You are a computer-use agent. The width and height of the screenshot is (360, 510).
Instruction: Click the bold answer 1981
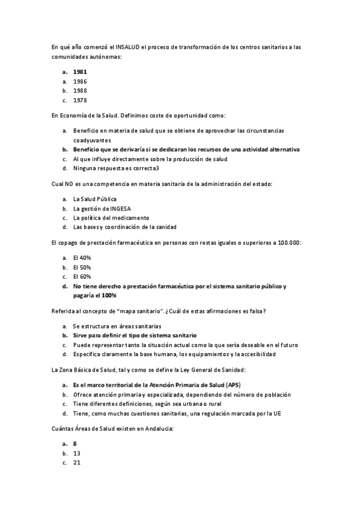pyautogui.click(x=80, y=71)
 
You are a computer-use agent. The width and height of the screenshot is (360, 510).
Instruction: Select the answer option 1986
pyautogui.click(x=80, y=81)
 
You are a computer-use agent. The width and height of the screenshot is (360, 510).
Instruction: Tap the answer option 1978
pyautogui.click(x=80, y=100)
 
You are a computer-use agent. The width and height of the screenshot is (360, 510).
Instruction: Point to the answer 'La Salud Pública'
pyautogui.click(x=94, y=198)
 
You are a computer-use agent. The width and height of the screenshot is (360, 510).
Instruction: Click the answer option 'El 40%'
pyautogui.click(x=82, y=257)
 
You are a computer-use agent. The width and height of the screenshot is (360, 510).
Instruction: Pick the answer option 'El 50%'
pyautogui.click(x=82, y=266)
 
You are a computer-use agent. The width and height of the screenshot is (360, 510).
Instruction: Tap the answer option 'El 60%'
pyautogui.click(x=82, y=277)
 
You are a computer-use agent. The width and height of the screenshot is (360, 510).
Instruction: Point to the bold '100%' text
pyautogui.click(x=109, y=296)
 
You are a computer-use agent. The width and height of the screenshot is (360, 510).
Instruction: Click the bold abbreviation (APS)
pyautogui.click(x=235, y=385)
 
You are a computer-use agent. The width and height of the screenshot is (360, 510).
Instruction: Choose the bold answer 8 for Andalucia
pyautogui.click(x=75, y=443)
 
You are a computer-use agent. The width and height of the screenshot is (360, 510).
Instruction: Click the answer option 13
pyautogui.click(x=77, y=453)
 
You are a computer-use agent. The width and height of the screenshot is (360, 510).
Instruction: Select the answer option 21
pyautogui.click(x=77, y=463)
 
